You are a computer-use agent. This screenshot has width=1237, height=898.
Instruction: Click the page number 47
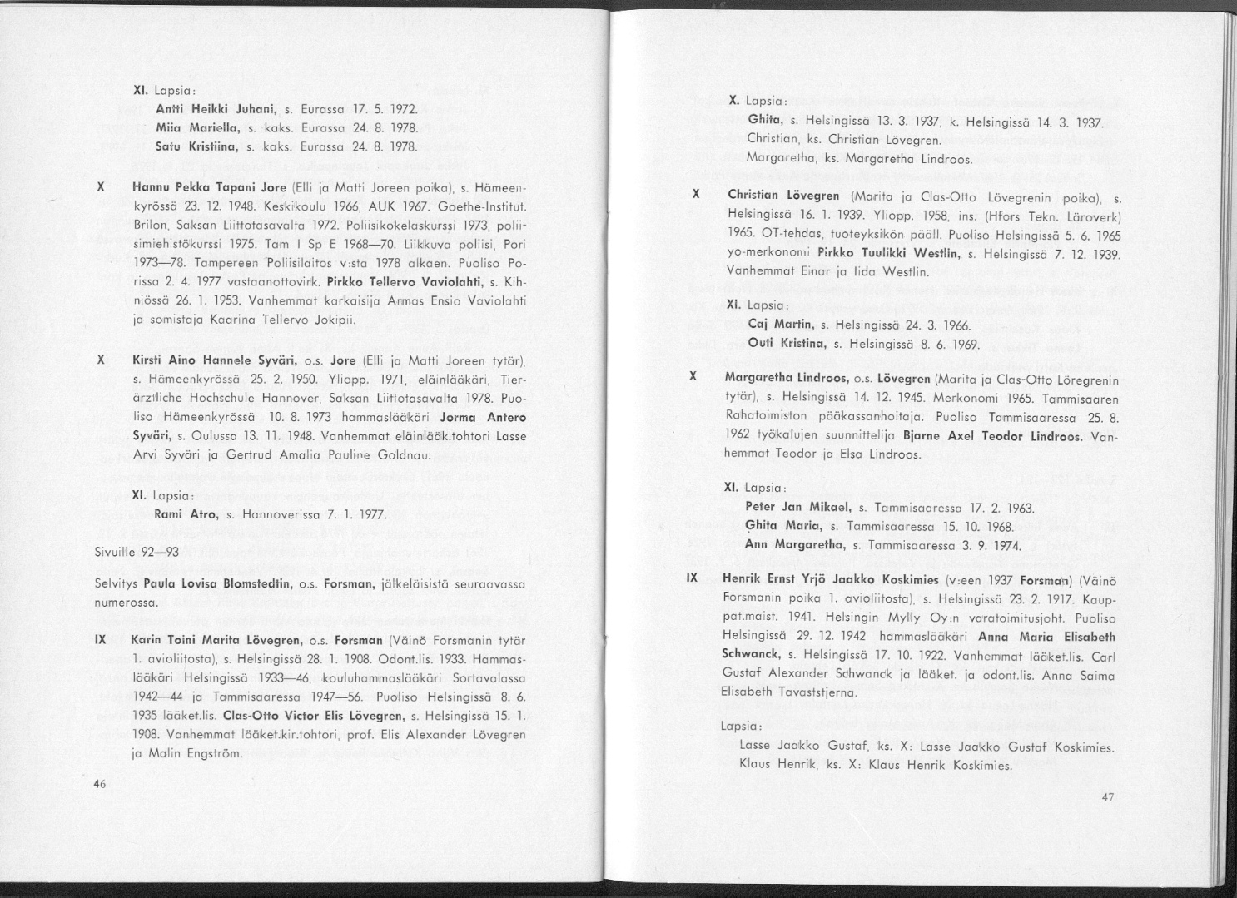point(1107,797)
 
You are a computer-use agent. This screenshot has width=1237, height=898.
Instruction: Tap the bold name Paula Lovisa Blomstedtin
point(216,584)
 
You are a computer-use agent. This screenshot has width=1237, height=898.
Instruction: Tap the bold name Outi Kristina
point(787,343)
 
